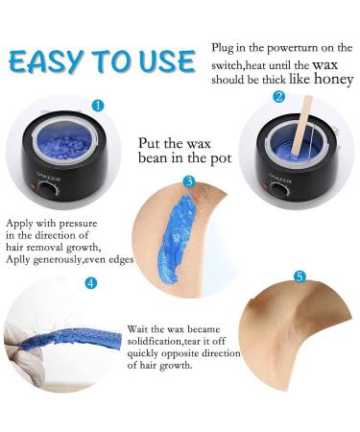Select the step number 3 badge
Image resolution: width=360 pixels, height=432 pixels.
[x=189, y=180]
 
